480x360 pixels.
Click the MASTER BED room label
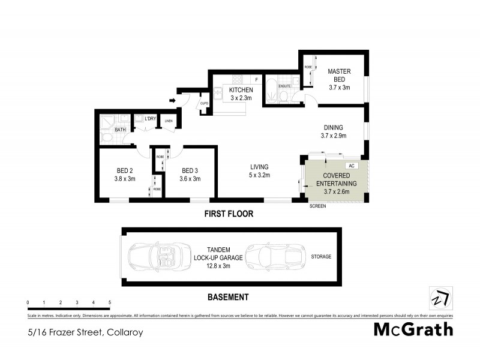(x=339, y=75)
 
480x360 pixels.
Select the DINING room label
(x=333, y=127)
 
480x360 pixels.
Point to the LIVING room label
(x=259, y=167)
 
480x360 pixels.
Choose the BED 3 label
(x=191, y=170)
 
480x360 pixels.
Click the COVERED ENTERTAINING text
(x=336, y=179)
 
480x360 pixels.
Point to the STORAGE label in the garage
(x=321, y=257)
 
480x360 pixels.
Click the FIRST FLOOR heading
(x=228, y=214)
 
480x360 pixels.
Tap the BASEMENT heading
(x=227, y=297)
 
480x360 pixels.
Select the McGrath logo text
(x=413, y=329)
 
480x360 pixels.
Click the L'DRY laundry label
(x=150, y=118)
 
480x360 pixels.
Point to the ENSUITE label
(x=285, y=86)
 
